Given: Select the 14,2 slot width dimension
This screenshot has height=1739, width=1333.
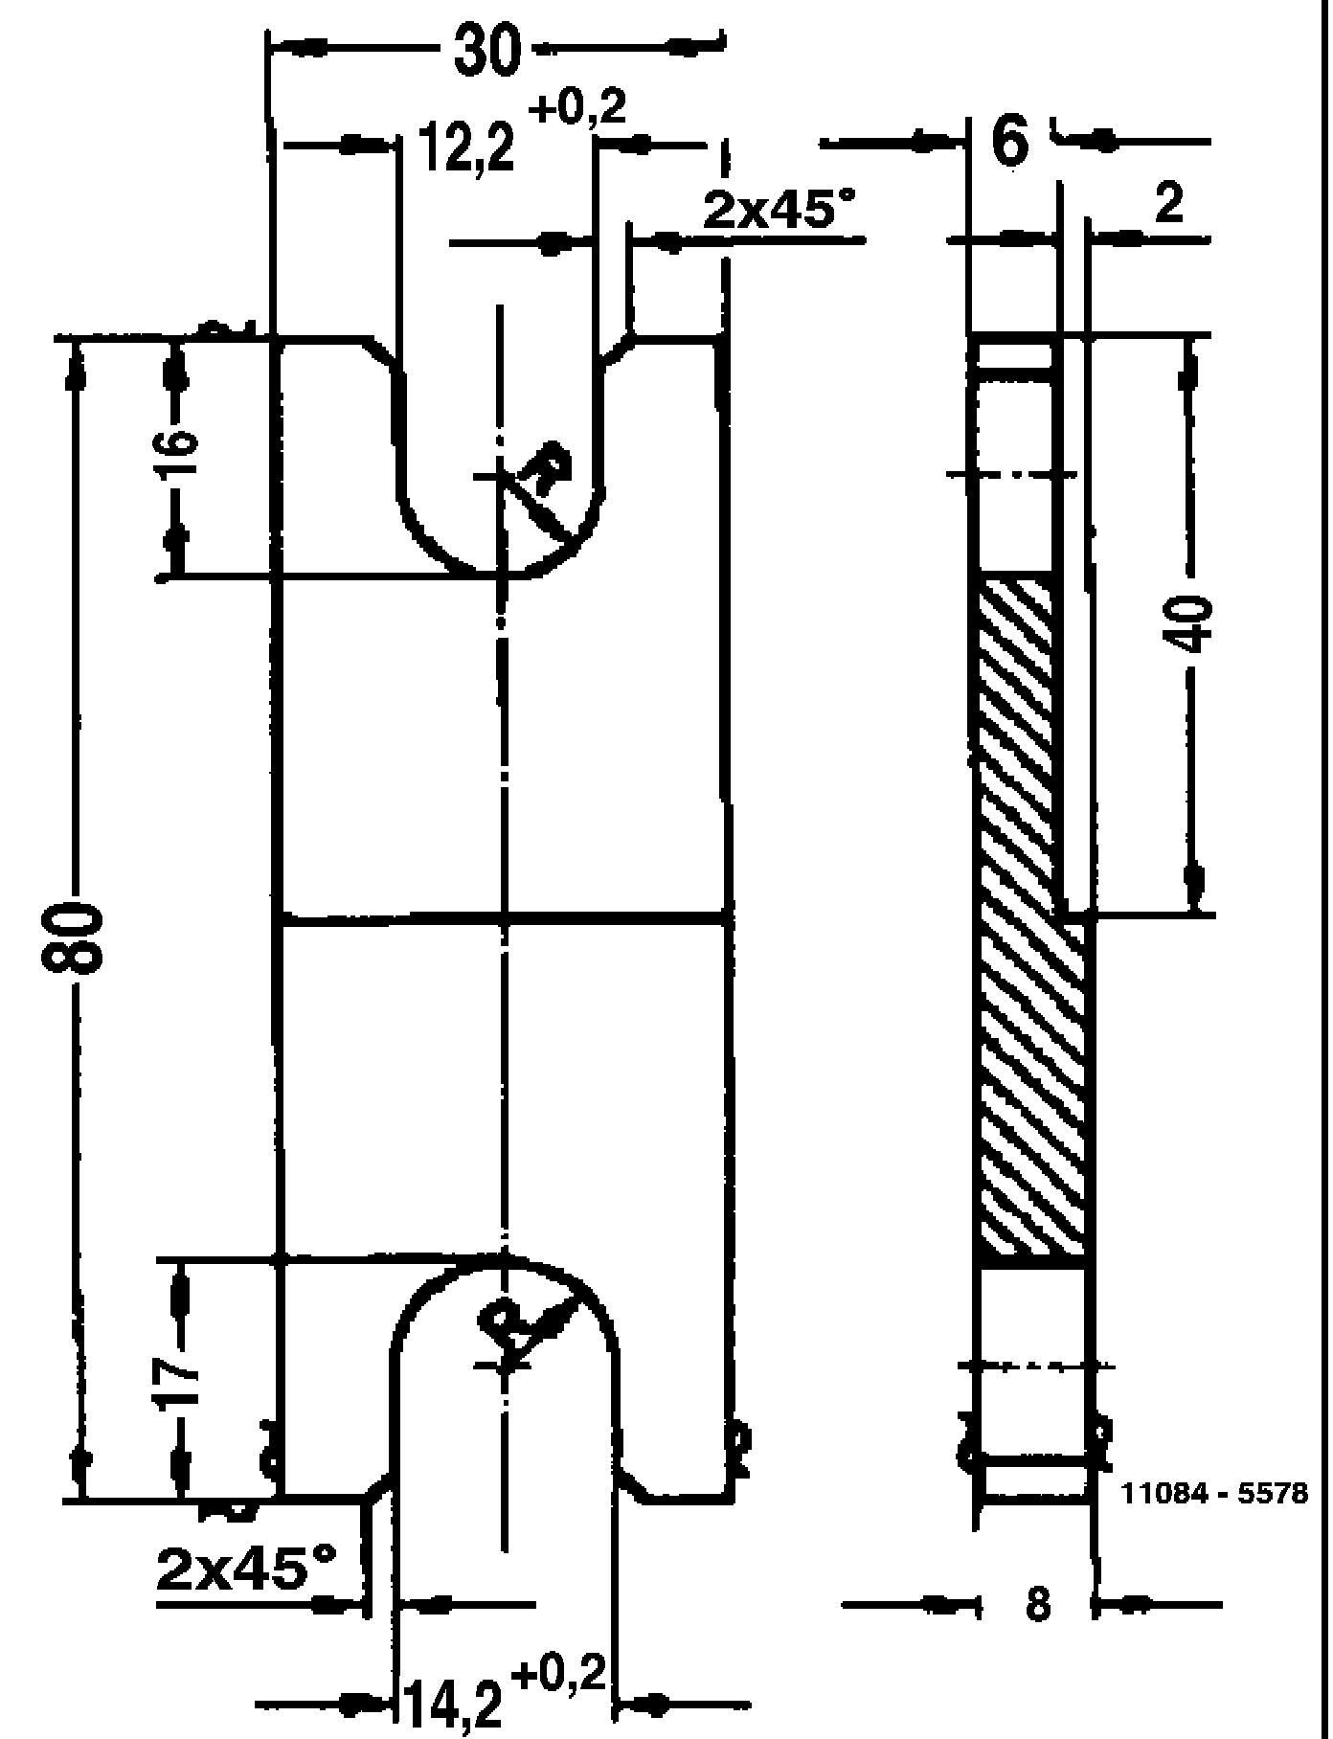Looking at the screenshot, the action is (451, 1704).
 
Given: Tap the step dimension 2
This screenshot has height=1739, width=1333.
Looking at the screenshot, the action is (1168, 204).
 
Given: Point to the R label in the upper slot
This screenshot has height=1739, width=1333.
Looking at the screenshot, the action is (549, 469).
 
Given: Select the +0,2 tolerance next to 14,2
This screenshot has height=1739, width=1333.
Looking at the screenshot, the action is (559, 1674).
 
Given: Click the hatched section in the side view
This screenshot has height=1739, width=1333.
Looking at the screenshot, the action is (1029, 919).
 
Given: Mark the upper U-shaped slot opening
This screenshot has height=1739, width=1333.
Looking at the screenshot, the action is (500, 431).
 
